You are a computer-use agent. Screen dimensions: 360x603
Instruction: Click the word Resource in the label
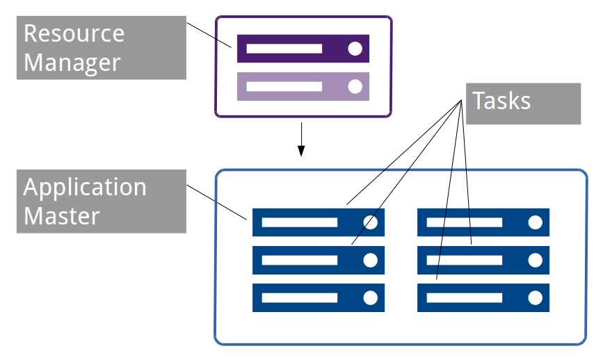click(x=74, y=33)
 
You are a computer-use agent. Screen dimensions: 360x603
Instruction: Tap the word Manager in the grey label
click(x=72, y=63)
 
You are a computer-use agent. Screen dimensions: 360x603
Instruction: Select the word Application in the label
click(x=85, y=187)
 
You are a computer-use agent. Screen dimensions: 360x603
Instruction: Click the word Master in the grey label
click(x=61, y=215)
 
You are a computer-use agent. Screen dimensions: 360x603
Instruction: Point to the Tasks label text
click(x=501, y=101)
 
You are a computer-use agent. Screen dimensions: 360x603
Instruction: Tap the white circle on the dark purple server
click(x=355, y=49)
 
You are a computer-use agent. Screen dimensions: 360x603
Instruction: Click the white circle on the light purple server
click(x=355, y=86)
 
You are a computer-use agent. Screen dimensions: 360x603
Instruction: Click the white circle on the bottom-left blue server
click(x=370, y=297)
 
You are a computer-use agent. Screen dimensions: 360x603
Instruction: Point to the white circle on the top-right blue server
click(x=535, y=222)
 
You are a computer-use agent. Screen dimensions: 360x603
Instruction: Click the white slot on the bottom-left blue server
click(x=299, y=297)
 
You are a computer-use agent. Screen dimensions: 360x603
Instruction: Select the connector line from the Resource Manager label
click(x=209, y=34)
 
